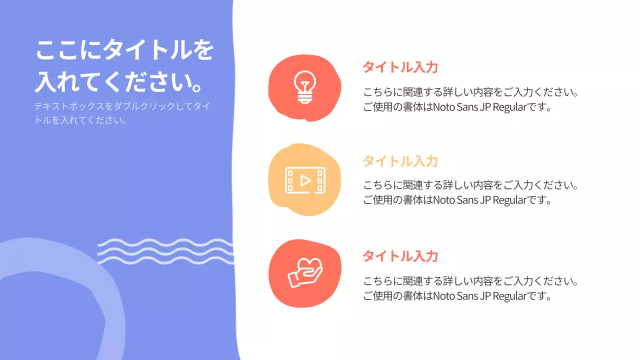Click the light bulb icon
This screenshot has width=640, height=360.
(304, 87)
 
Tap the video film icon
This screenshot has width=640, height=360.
(305, 180)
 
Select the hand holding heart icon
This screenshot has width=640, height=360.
(305, 273)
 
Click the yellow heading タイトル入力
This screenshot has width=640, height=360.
(400, 161)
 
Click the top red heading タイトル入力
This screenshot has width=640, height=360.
(400, 67)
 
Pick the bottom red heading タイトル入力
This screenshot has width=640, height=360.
(400, 256)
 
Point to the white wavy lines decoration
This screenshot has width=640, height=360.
(165, 251)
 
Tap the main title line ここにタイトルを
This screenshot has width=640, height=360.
(124, 50)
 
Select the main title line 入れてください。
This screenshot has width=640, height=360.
(119, 81)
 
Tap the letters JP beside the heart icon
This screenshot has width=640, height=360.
(484, 295)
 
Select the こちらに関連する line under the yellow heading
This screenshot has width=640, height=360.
(470, 185)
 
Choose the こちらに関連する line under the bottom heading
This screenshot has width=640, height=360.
(470, 281)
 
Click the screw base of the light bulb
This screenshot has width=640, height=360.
(304, 99)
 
